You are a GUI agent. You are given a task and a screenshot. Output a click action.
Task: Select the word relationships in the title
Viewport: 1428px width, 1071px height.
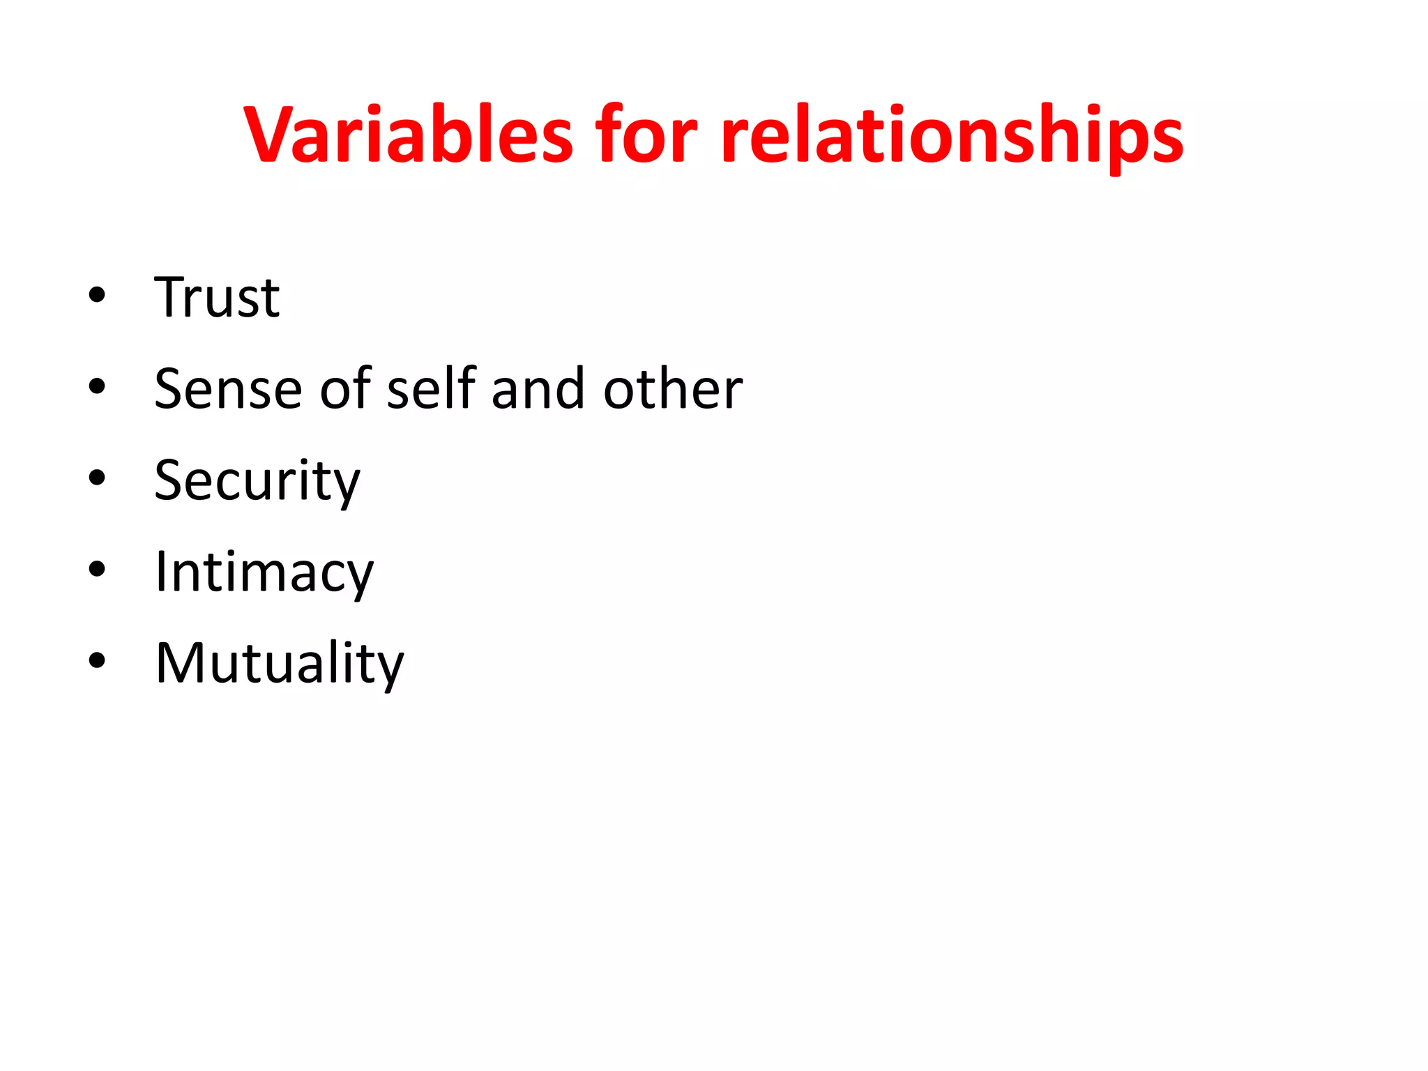click(x=952, y=136)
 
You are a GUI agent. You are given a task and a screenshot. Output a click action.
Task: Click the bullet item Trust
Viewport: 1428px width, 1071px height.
click(x=217, y=298)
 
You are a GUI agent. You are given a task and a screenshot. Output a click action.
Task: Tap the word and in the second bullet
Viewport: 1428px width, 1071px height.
click(x=537, y=389)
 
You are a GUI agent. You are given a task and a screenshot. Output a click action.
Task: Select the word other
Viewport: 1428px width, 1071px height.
click(x=673, y=389)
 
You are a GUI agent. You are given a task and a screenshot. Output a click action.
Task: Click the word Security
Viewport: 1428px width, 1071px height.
click(x=257, y=481)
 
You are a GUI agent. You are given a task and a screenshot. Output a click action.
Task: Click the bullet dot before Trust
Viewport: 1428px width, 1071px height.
click(x=97, y=296)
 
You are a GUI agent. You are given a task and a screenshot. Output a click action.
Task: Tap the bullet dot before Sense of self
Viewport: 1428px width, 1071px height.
click(x=97, y=387)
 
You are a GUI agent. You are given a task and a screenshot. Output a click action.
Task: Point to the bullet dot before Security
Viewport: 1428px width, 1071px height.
click(x=97, y=478)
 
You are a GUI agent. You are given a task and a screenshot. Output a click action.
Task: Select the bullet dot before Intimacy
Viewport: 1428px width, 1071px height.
click(x=97, y=570)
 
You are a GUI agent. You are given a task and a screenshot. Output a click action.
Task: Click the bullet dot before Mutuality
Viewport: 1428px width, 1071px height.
click(x=97, y=661)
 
